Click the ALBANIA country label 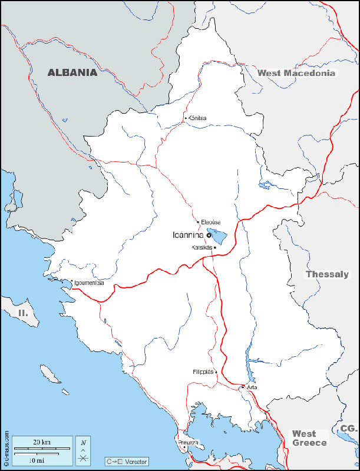72,73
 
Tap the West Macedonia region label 296,73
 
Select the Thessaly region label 327,274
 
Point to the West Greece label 309,438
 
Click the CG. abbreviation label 348,429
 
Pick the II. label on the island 23,313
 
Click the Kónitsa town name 197,118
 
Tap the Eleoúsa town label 210,222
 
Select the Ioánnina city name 188,235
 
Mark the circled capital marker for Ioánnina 209,235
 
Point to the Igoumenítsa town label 89,283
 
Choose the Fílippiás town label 204,372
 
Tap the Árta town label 252,387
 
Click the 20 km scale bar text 41,442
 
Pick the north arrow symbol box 84,450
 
